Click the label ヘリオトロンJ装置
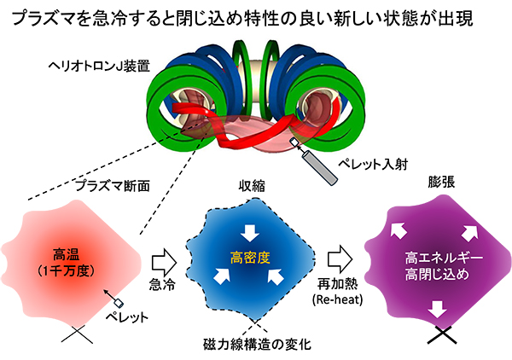click(108, 65)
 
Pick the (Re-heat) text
click(341, 299)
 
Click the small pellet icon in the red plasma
click(120, 302)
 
